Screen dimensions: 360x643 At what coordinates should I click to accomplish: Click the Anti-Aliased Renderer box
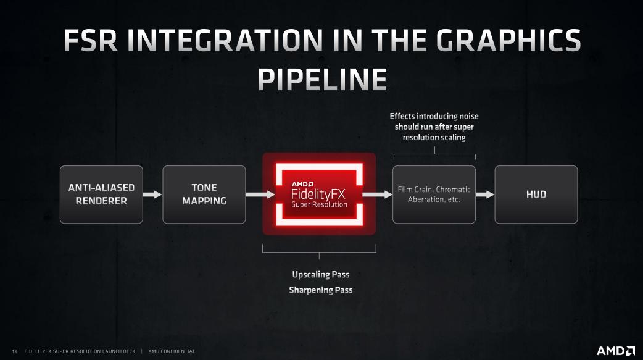click(x=101, y=195)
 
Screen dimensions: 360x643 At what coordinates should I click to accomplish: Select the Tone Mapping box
click(x=204, y=195)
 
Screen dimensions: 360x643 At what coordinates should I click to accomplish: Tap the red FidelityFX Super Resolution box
click(x=319, y=194)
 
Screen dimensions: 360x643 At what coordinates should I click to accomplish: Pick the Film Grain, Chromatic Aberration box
click(x=434, y=195)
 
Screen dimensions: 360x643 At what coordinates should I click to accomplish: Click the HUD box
click(x=536, y=195)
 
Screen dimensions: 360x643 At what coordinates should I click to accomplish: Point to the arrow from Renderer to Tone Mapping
click(x=152, y=195)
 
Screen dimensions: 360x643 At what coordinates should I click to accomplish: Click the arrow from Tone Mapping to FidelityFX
click(x=260, y=195)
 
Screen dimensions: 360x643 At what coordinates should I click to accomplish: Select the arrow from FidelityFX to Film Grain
click(x=378, y=195)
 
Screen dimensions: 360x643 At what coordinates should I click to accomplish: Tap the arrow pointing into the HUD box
click(x=486, y=195)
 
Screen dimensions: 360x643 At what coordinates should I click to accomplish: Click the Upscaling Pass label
click(x=320, y=275)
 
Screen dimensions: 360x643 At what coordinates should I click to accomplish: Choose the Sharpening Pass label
click(x=320, y=290)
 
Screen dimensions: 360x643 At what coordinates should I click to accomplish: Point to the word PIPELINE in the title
click(x=321, y=80)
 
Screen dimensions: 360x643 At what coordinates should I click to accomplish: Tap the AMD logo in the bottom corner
click(x=616, y=351)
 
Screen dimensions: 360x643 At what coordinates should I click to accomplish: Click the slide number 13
click(x=14, y=351)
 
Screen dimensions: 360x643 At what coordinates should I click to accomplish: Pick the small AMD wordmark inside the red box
click(x=303, y=183)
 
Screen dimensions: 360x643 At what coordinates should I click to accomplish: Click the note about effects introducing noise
click(x=434, y=127)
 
